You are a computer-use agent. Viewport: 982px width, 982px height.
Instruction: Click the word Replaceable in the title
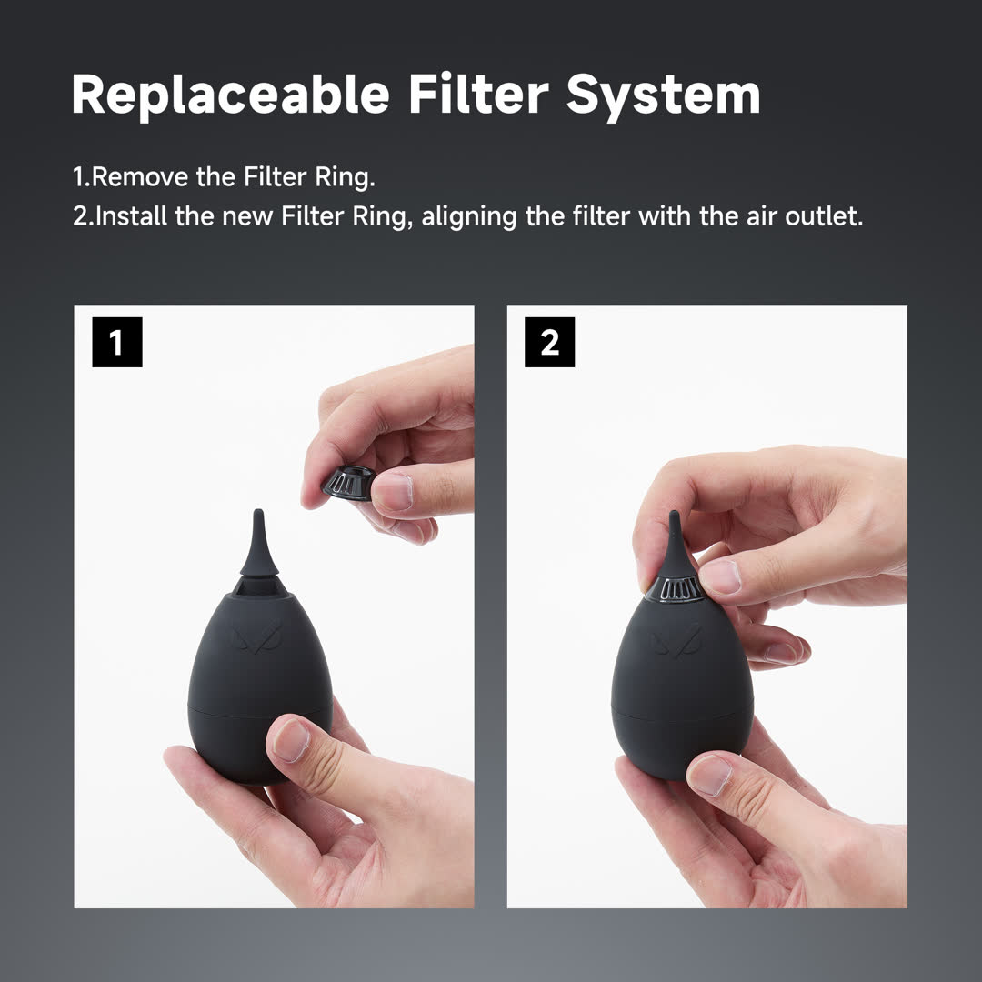[231, 95]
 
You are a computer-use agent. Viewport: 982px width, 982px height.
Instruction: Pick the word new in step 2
[247, 218]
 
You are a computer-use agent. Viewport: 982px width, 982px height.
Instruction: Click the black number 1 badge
[116, 343]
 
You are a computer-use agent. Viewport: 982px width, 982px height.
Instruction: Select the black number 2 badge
[549, 343]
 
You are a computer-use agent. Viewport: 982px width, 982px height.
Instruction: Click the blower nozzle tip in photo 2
[674, 519]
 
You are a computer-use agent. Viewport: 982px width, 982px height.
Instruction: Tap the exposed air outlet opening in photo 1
[258, 589]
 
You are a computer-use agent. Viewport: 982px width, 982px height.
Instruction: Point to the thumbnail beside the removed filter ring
[394, 492]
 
